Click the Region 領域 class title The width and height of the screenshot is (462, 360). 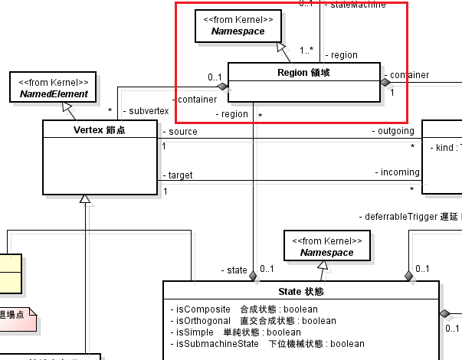[x=304, y=73]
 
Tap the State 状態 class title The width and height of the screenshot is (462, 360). [x=301, y=292]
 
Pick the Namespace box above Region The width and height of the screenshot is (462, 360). [x=239, y=26]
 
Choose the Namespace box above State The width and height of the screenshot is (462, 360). [x=326, y=246]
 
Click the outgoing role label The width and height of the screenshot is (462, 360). [x=396, y=131]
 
